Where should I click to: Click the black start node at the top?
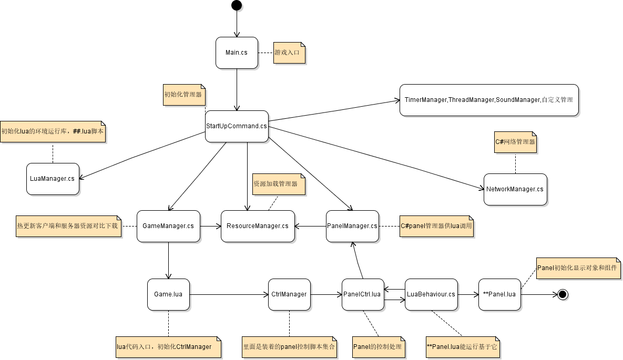click(237, 5)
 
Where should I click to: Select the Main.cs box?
click(237, 53)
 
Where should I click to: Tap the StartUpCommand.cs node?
click(237, 126)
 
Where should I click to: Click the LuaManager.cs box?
click(53, 179)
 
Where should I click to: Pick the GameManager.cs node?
click(168, 226)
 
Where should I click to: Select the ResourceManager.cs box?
click(258, 226)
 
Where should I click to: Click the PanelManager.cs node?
click(352, 226)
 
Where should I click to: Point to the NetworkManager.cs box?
click(515, 189)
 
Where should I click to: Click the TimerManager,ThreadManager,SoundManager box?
click(489, 100)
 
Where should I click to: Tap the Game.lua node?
click(168, 294)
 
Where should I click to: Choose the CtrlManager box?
click(289, 294)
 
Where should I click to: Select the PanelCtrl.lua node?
click(362, 294)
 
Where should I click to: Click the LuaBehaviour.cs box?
click(431, 294)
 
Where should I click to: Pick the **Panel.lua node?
click(499, 294)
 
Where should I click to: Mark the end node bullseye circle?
click(563, 294)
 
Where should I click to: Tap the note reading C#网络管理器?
click(515, 142)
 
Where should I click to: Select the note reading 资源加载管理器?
click(278, 184)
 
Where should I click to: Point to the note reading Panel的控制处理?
click(378, 347)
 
